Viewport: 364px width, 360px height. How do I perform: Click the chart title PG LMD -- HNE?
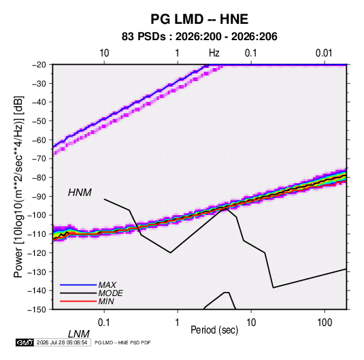coord(199,19)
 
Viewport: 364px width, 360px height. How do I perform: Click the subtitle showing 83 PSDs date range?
coord(199,37)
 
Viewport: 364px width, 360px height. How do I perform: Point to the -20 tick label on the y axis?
coord(39,65)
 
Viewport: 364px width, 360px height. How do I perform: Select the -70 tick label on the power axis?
coord(39,159)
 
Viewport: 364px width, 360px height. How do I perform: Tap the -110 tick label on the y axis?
coord(37,234)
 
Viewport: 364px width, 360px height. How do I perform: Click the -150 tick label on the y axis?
coord(37,310)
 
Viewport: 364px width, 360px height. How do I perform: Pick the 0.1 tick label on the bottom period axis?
coord(104,323)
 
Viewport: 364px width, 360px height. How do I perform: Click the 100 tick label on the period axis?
coord(325,323)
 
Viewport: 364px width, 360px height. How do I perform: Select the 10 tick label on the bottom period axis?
coord(251,323)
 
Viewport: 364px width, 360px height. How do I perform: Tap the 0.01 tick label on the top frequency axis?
coord(324,53)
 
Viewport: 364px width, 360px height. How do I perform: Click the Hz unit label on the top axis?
coord(214,53)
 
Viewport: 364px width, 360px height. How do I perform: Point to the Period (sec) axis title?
coord(214,330)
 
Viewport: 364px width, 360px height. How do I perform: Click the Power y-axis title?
coord(18,187)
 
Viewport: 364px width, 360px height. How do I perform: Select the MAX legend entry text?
coord(107,285)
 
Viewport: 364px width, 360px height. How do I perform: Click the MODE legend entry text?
coord(110,293)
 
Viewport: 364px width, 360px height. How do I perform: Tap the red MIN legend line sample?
coord(78,301)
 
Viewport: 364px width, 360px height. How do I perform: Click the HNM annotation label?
coord(80,193)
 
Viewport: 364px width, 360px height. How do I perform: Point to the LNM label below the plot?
coord(79,334)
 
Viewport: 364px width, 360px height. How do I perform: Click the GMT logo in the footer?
coord(24,342)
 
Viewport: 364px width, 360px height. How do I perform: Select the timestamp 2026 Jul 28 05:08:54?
coord(62,342)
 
